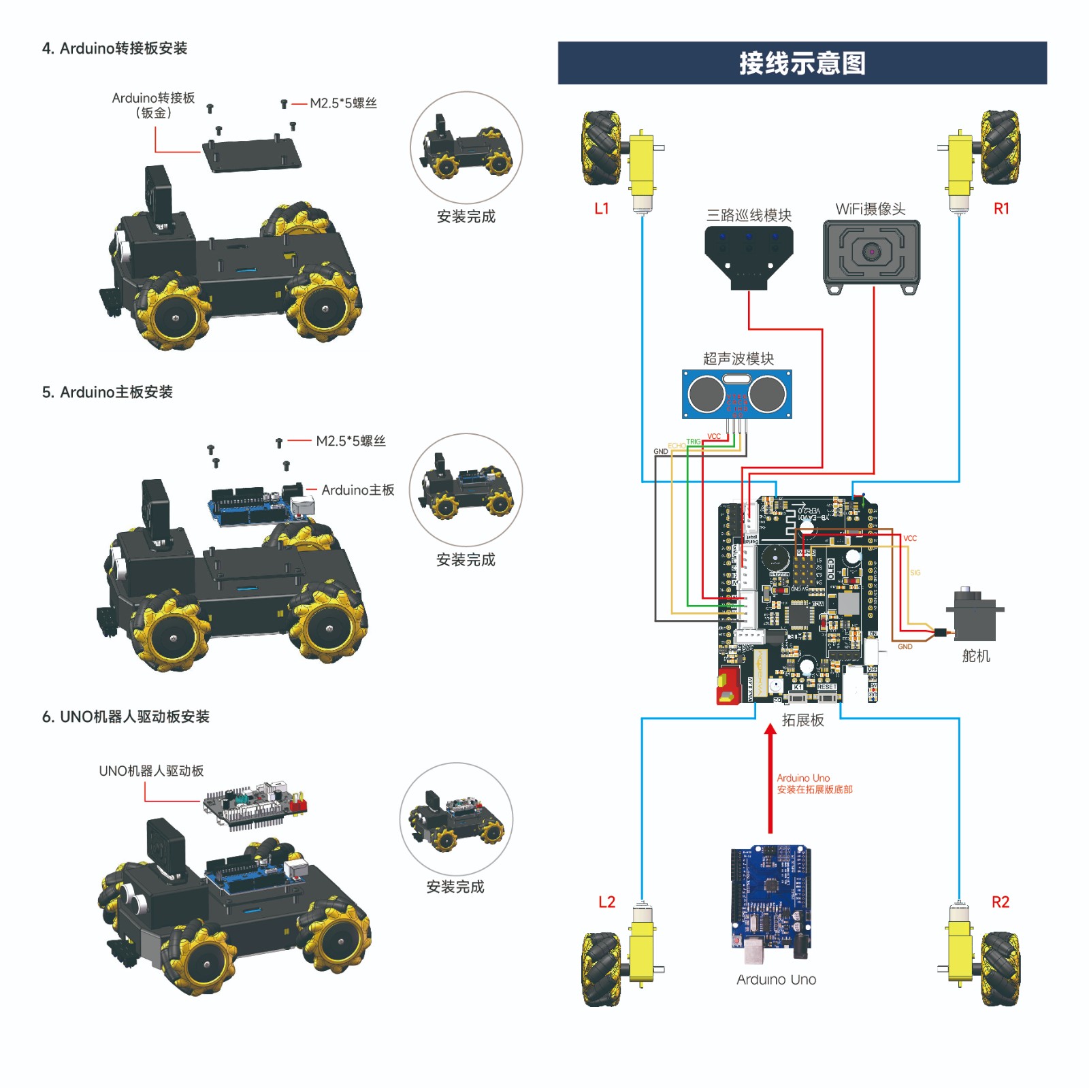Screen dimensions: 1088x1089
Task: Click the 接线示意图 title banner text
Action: pyautogui.click(x=802, y=63)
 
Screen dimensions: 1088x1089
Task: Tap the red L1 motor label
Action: pyautogui.click(x=602, y=209)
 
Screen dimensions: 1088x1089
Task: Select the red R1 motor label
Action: pyautogui.click(x=1001, y=209)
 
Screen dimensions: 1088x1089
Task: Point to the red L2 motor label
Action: pyautogui.click(x=606, y=902)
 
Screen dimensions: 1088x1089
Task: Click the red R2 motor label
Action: pyautogui.click(x=1000, y=902)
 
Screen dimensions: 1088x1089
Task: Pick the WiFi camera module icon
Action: pyautogui.click(x=871, y=254)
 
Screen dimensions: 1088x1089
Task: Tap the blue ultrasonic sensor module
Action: pyautogui.click(x=737, y=394)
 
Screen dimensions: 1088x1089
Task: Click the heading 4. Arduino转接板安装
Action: pyautogui.click(x=114, y=48)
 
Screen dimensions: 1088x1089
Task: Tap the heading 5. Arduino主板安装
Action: pyautogui.click(x=108, y=392)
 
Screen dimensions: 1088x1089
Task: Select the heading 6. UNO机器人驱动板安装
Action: pyautogui.click(x=126, y=716)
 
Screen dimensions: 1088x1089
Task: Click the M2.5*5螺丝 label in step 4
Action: pyautogui.click(x=343, y=103)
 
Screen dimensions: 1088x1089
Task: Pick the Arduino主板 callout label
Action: pyautogui.click(x=357, y=490)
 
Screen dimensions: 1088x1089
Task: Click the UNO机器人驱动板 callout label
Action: pyautogui.click(x=151, y=771)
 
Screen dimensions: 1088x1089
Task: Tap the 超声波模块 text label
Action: pyautogui.click(x=738, y=359)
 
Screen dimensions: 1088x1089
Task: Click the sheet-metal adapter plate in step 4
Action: pyautogui.click(x=251, y=155)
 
